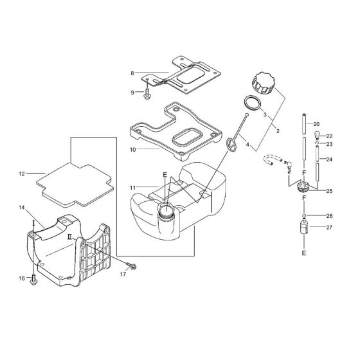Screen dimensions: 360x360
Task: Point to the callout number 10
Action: [x=131, y=149]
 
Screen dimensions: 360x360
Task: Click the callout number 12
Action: [x=21, y=173]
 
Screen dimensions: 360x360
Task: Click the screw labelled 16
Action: [x=33, y=280]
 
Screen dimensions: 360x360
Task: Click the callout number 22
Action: [x=329, y=136]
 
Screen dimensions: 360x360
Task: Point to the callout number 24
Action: [x=329, y=159]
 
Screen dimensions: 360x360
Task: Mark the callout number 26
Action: [x=329, y=215]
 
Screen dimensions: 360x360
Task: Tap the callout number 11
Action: [x=131, y=186]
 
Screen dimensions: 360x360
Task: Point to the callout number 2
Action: [x=278, y=131]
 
